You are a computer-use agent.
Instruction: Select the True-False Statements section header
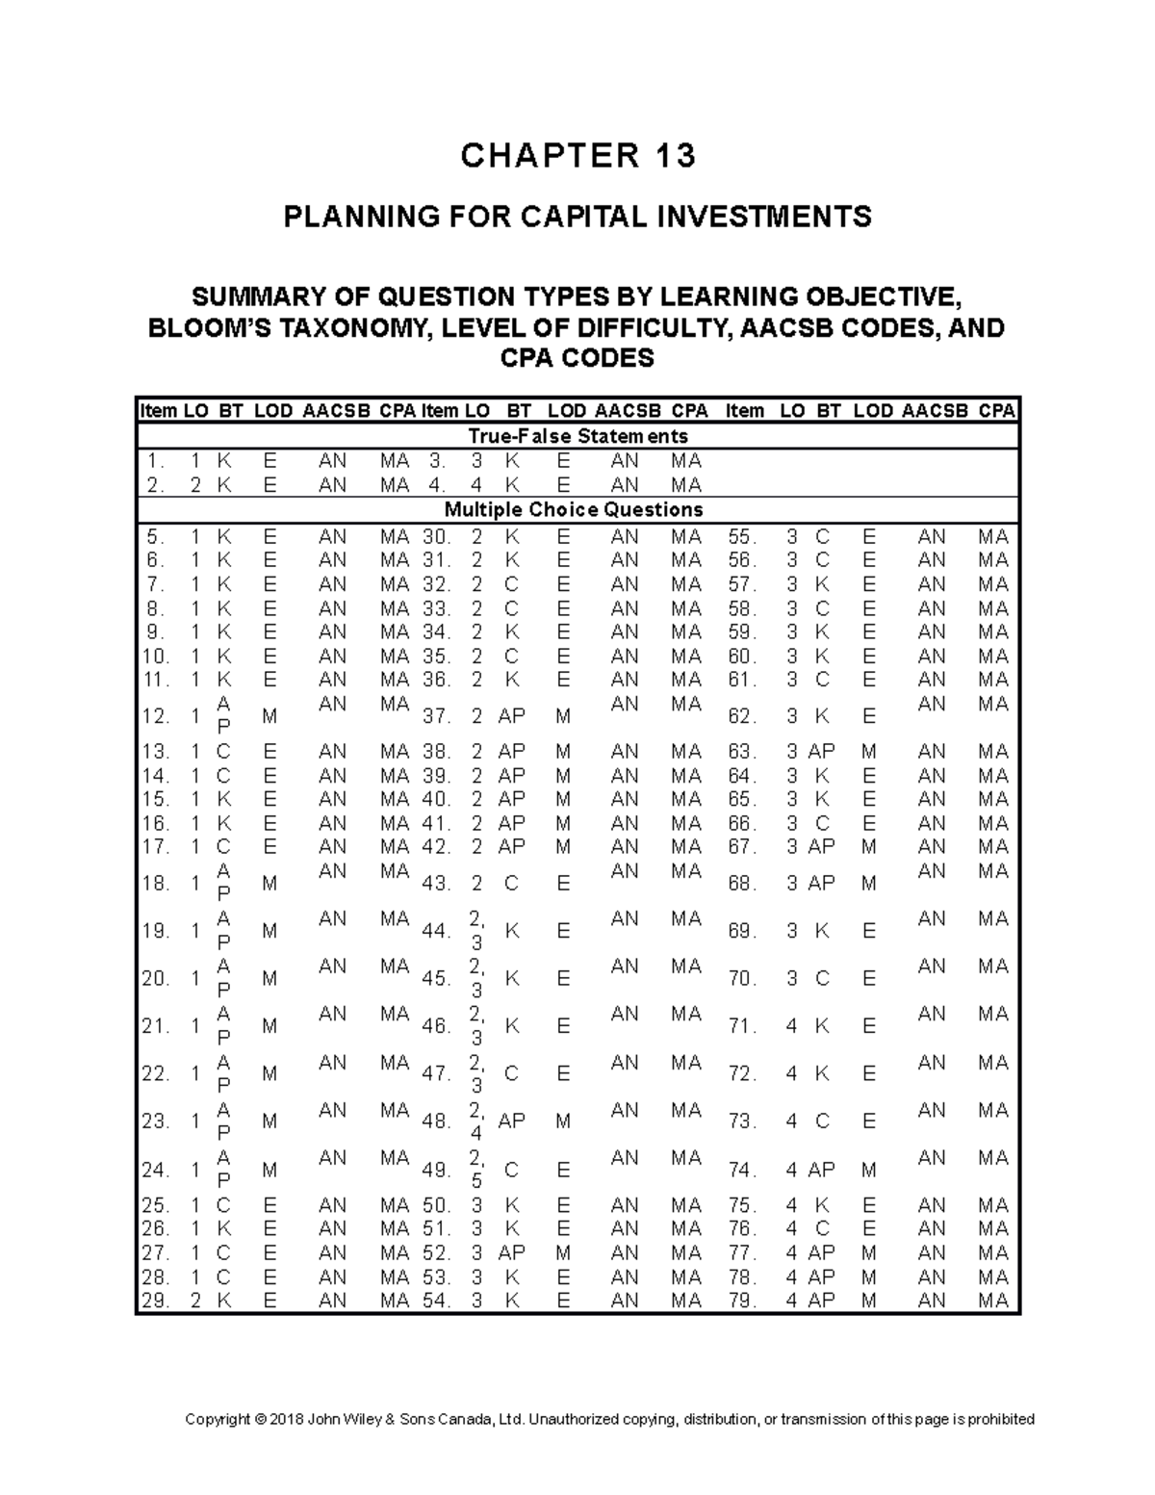click(x=577, y=436)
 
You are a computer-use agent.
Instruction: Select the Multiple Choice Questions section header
click(x=573, y=509)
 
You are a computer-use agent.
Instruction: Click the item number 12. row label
click(x=155, y=716)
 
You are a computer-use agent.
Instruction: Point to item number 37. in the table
click(x=436, y=716)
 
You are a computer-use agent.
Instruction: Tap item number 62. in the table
click(x=742, y=716)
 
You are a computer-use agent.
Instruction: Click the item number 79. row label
click(x=742, y=1301)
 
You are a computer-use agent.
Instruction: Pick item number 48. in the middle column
click(x=436, y=1121)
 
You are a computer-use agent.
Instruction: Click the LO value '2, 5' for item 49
click(x=476, y=1169)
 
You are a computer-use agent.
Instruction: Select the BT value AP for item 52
click(x=511, y=1253)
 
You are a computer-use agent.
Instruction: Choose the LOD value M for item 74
click(x=869, y=1171)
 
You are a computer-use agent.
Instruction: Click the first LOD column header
click(x=273, y=411)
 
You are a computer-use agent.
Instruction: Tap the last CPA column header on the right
click(x=996, y=411)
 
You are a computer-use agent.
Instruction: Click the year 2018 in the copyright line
click(x=286, y=1419)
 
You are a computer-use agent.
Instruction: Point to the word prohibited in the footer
click(x=1001, y=1419)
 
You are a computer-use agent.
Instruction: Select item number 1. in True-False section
click(x=155, y=461)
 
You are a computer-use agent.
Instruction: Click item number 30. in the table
click(x=436, y=536)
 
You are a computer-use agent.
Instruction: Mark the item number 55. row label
click(x=742, y=536)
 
